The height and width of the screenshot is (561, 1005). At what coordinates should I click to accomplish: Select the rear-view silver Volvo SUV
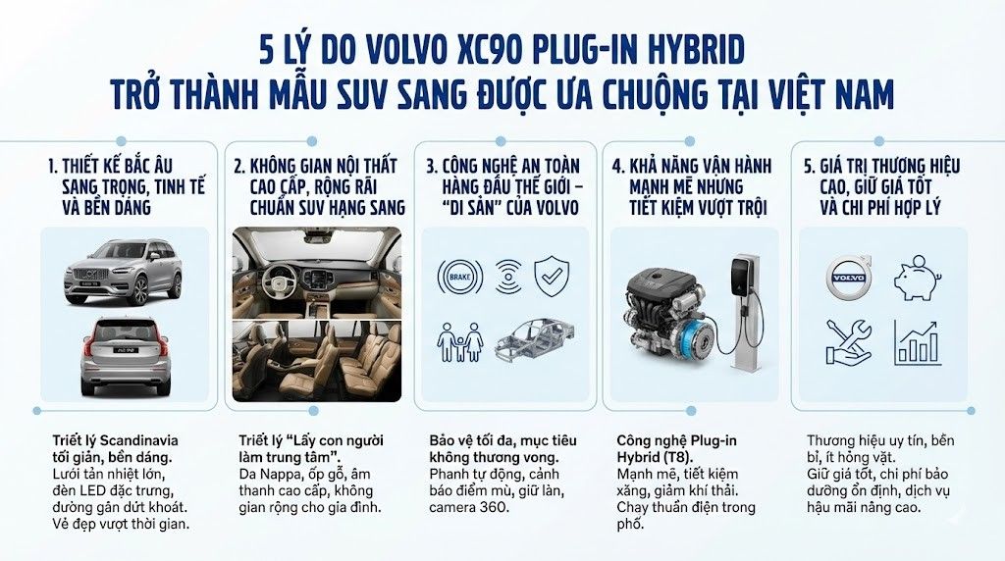pyautogui.click(x=125, y=354)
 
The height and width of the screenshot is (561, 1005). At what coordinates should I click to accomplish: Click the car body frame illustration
pyautogui.click(x=534, y=343)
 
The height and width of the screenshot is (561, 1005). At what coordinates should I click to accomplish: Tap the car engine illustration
pyautogui.click(x=667, y=313)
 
